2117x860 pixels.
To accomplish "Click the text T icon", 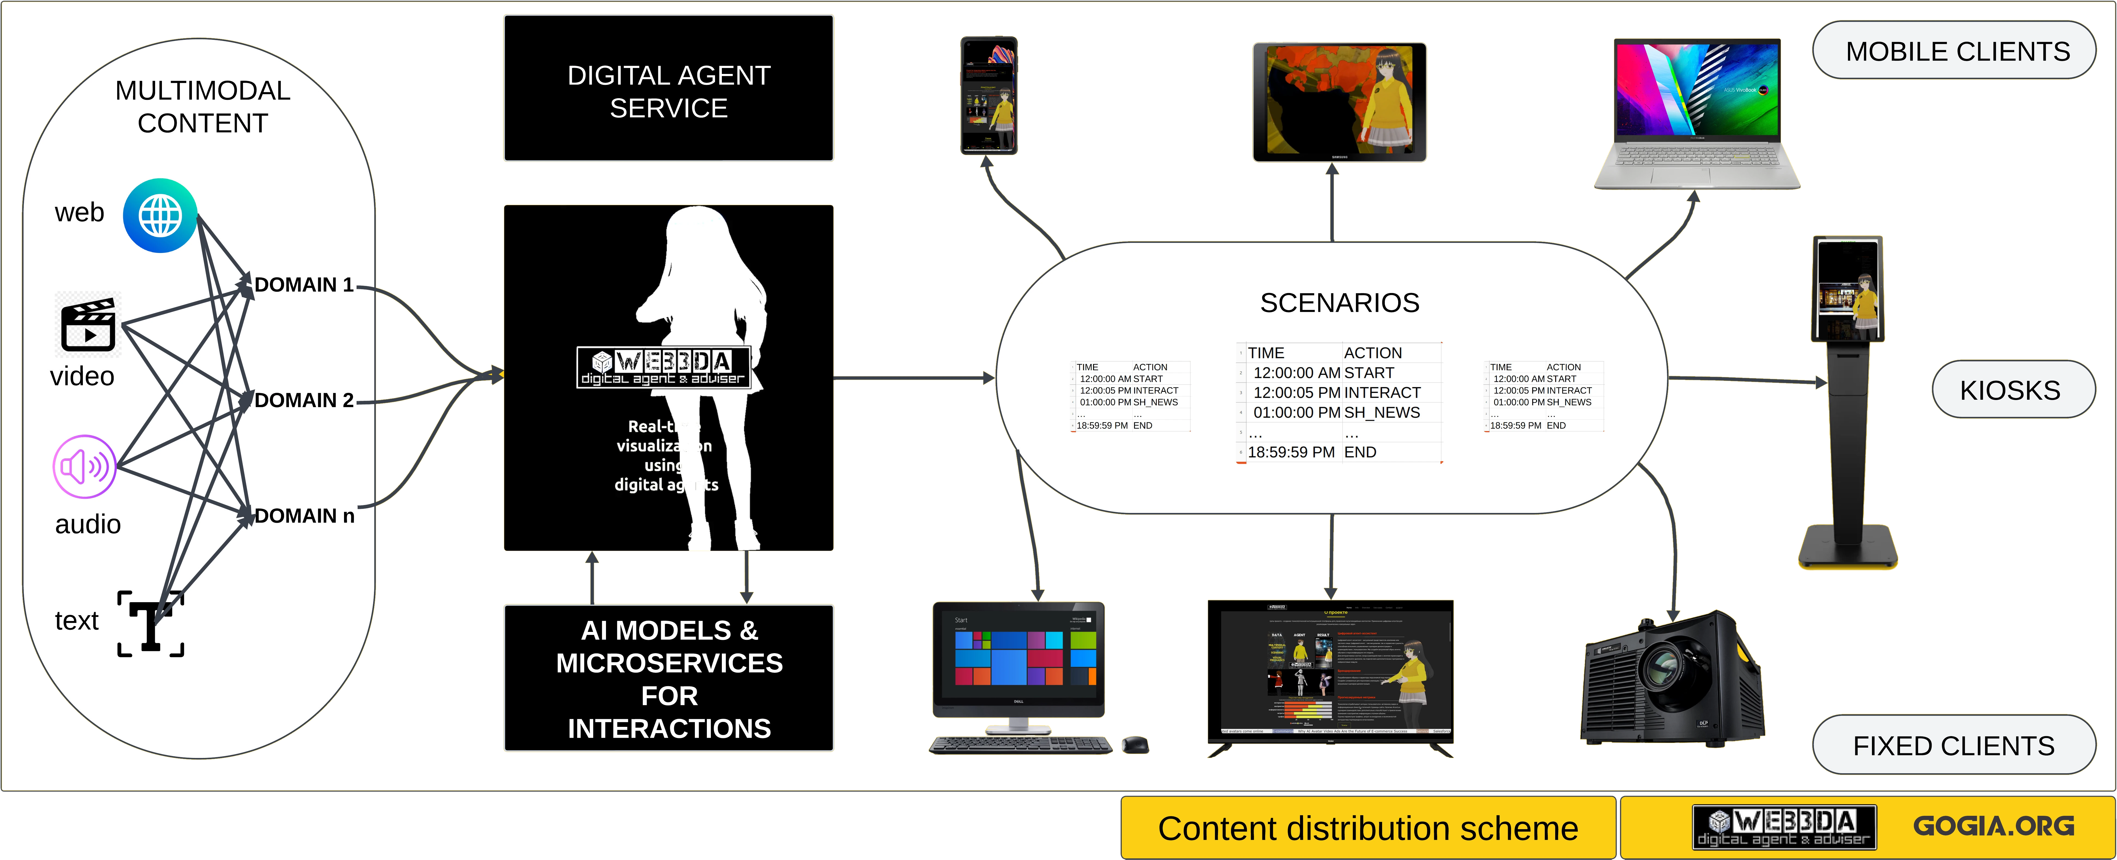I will tap(150, 623).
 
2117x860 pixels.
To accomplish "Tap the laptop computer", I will tap(1696, 115).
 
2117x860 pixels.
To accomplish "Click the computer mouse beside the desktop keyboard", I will tap(1136, 744).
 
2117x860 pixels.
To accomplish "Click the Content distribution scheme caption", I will tap(1368, 828).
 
